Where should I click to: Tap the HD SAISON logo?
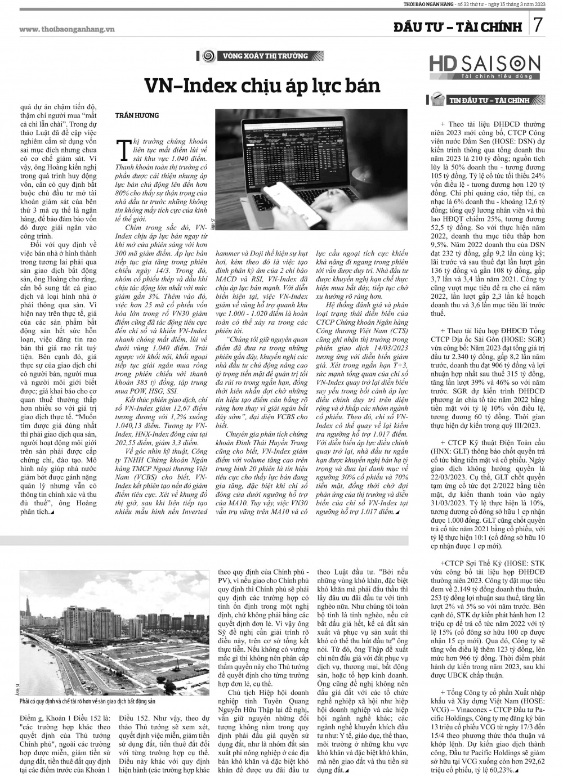tap(484, 66)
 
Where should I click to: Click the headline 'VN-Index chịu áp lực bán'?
tap(262, 86)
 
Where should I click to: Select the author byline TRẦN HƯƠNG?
tap(137, 115)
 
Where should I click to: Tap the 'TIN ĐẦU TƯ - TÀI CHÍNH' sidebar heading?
tap(489, 101)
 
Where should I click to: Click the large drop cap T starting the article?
tap(120, 150)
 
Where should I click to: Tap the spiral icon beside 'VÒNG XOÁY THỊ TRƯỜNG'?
tap(207, 56)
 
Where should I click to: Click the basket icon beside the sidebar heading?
tap(436, 101)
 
